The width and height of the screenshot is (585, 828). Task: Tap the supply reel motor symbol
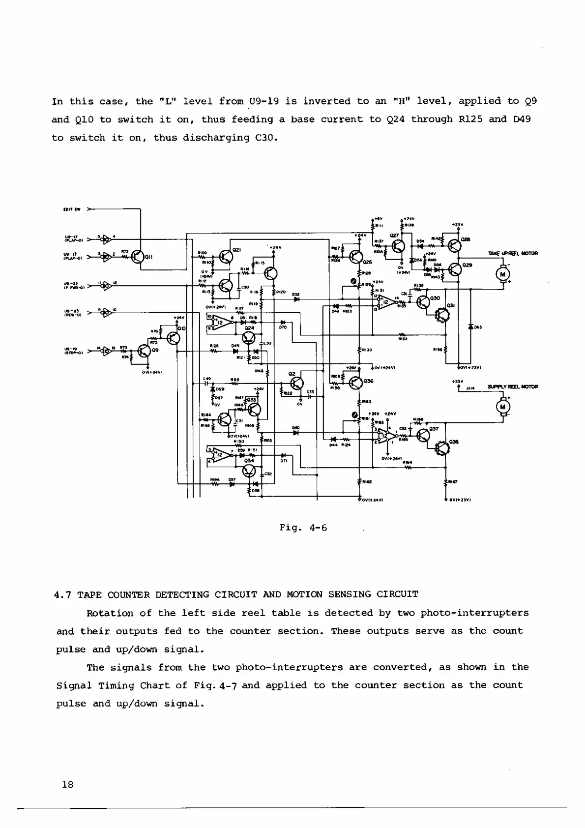click(503, 407)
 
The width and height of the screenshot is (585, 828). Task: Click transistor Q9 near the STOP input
click(144, 351)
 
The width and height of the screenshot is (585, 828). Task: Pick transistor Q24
click(249, 337)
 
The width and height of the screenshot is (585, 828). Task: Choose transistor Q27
click(399, 245)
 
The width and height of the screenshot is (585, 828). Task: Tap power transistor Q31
click(444, 315)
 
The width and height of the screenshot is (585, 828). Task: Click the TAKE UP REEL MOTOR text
click(513, 254)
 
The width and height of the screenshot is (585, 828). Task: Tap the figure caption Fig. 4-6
click(303, 528)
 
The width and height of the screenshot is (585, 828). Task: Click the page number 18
click(67, 785)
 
